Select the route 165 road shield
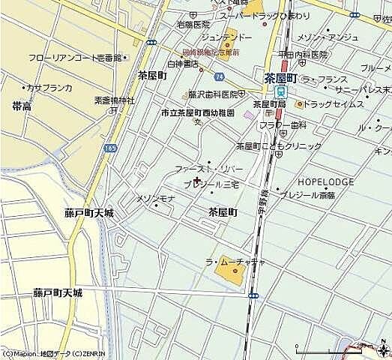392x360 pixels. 110,148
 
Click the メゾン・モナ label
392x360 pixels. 155,198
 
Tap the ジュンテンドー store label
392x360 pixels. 226,37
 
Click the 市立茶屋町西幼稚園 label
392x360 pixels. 198,112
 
